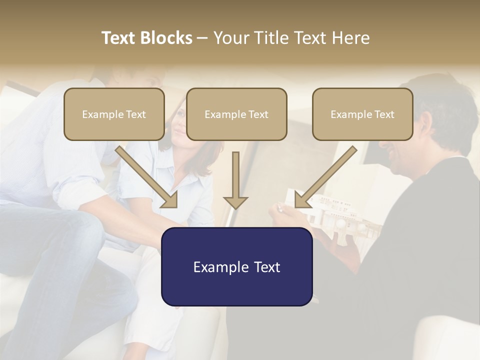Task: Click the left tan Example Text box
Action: pyautogui.click(x=114, y=114)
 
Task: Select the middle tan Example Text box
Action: pyautogui.click(x=236, y=114)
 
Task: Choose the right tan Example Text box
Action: pyautogui.click(x=362, y=114)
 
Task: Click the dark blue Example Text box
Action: pyautogui.click(x=236, y=266)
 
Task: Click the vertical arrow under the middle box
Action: pyautogui.click(x=235, y=180)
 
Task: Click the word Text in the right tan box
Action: pyautogui.click(x=383, y=114)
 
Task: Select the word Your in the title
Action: pyautogui.click(x=230, y=38)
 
